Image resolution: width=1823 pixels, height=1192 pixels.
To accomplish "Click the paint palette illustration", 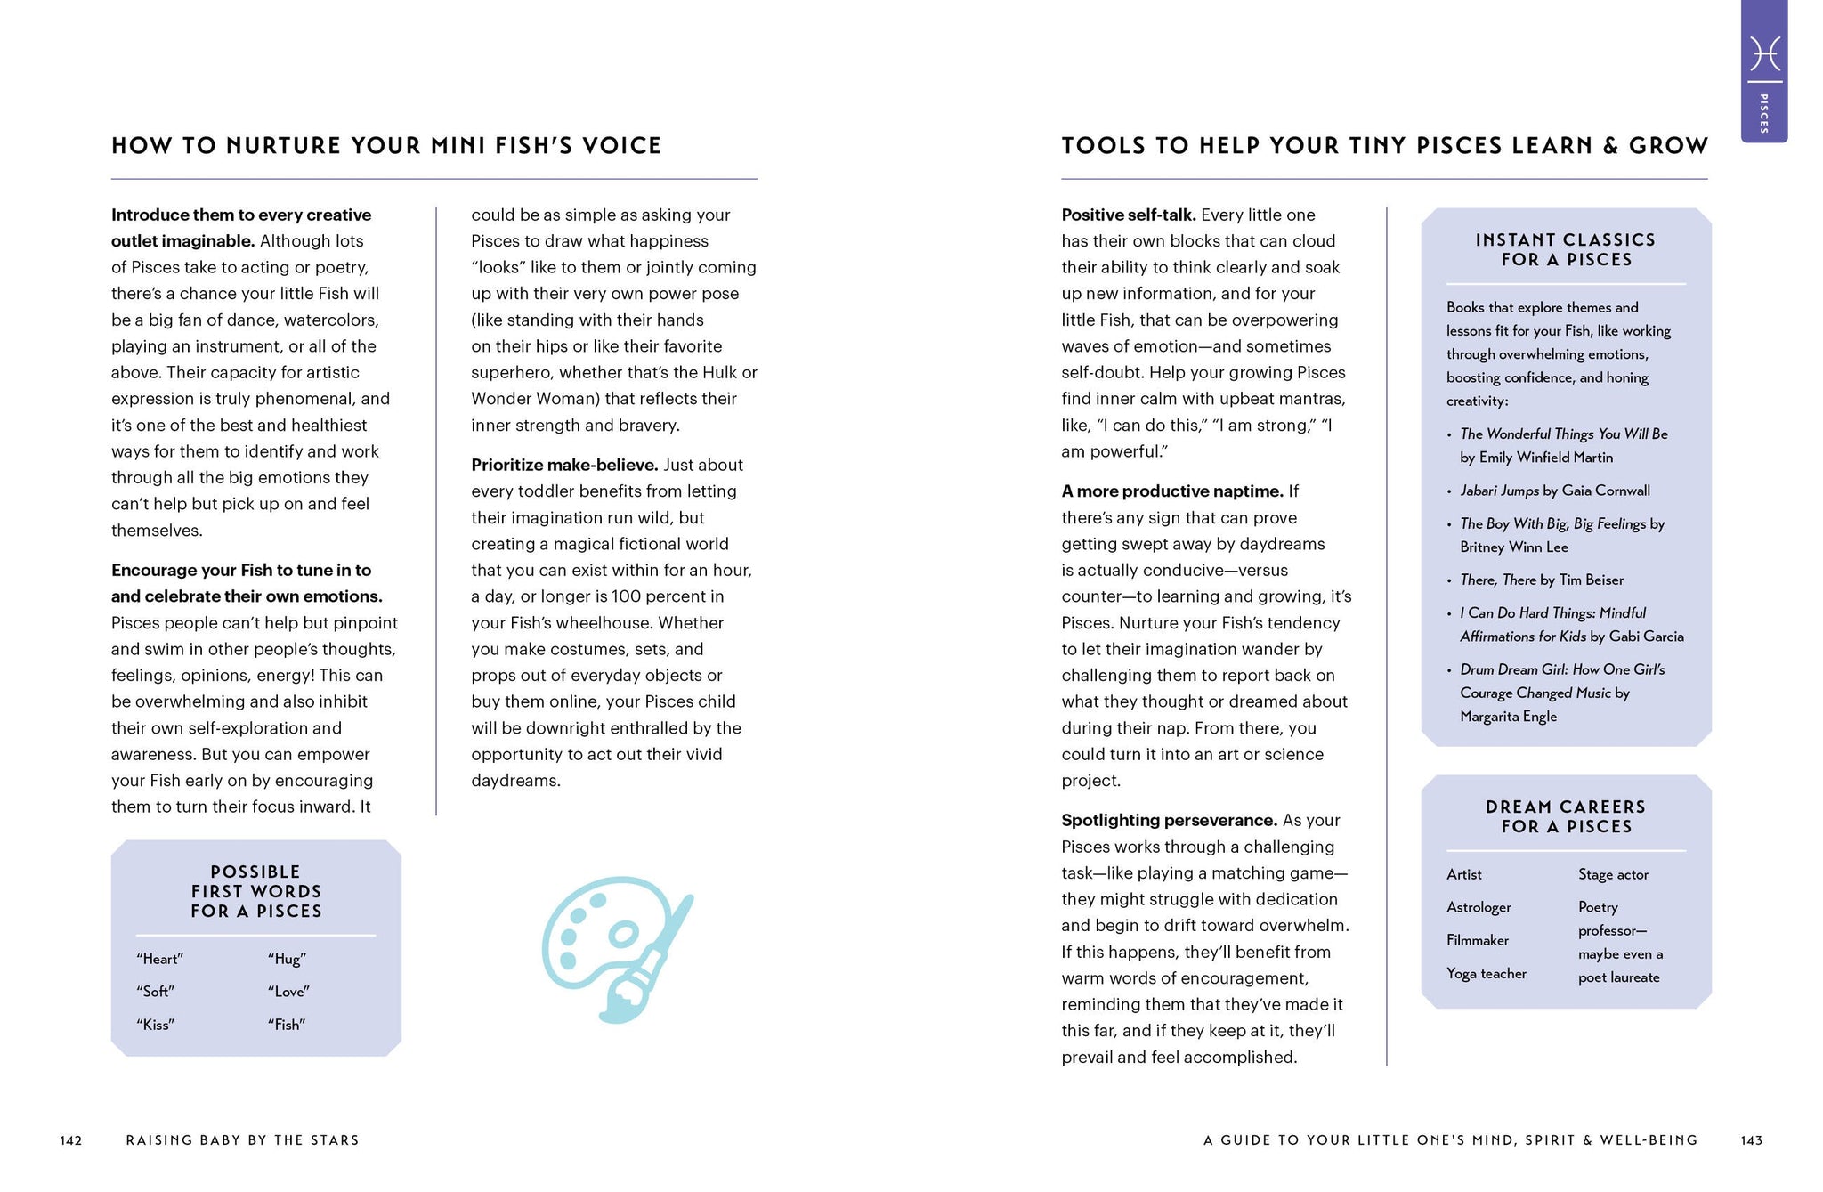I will pos(617,947).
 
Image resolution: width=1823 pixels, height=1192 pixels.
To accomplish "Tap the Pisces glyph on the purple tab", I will pos(1764,53).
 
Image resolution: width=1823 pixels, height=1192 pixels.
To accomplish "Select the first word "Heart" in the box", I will pos(159,959).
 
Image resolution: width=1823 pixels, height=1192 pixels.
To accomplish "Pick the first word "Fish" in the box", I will pos(287,1025).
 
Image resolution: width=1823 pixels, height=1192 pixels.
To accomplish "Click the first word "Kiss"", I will pos(155,1025).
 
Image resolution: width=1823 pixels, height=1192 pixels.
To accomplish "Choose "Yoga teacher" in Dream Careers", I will pos(1486,974).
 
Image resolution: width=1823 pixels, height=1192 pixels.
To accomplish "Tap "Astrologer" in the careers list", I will pos(1479,907).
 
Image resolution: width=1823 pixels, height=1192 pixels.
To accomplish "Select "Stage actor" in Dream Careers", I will pos(1613,874).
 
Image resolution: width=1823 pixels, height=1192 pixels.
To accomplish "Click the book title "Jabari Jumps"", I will pos(1499,491).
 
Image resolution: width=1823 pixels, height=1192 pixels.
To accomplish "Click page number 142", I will pos(71,1140).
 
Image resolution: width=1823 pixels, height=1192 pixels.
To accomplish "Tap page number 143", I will pos(1752,1140).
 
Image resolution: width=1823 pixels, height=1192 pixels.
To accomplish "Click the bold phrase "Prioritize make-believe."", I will pos(564,465).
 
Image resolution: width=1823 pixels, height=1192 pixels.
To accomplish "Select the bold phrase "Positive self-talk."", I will pos(1128,215).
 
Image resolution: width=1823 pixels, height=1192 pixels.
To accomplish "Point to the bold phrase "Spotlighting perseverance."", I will pos(1169,820).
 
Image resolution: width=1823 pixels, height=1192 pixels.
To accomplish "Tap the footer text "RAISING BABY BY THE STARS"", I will pos(242,1140).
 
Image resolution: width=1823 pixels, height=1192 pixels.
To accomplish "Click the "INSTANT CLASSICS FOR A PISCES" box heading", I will pos(1565,249).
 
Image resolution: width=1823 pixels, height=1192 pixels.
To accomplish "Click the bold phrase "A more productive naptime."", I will pos(1171,491).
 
